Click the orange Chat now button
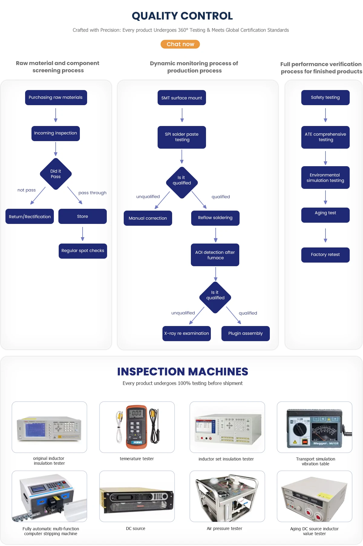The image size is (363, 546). [180, 44]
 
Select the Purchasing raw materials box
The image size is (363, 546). [56, 98]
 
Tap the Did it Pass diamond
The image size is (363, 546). [56, 174]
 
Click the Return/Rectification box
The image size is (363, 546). [30, 216]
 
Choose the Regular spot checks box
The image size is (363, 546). [83, 251]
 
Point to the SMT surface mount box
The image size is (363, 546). [181, 98]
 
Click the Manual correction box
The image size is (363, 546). [148, 218]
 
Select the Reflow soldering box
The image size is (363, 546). [215, 218]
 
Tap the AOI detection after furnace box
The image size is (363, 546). [215, 255]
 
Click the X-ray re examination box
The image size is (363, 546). [186, 333]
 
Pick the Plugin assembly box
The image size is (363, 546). [245, 333]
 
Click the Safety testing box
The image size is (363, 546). [325, 98]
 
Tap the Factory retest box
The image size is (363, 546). [325, 255]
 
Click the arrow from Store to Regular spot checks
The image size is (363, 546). [83, 234]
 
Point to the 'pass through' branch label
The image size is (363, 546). [92, 193]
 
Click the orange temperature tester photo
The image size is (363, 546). [137, 427]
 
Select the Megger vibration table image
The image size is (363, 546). [315, 427]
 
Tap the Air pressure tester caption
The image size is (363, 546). [224, 528]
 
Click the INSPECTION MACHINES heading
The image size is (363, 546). [182, 372]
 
